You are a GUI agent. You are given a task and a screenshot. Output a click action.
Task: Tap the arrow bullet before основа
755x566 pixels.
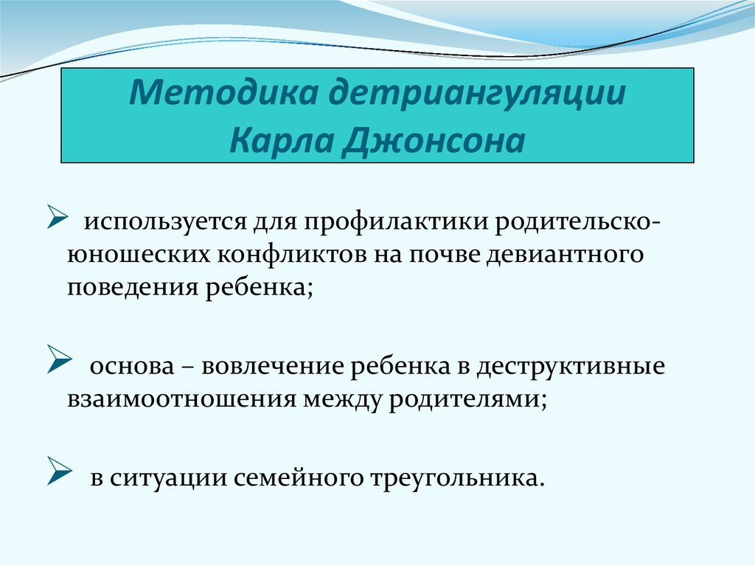[x=58, y=362]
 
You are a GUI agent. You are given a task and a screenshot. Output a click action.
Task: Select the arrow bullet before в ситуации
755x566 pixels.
[x=58, y=472]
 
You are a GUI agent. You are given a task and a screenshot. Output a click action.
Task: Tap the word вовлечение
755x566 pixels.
[x=271, y=366]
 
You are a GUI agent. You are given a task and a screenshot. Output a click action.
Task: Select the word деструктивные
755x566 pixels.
[x=571, y=366]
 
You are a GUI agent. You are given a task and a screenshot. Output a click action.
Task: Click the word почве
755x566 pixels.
[x=444, y=255]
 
